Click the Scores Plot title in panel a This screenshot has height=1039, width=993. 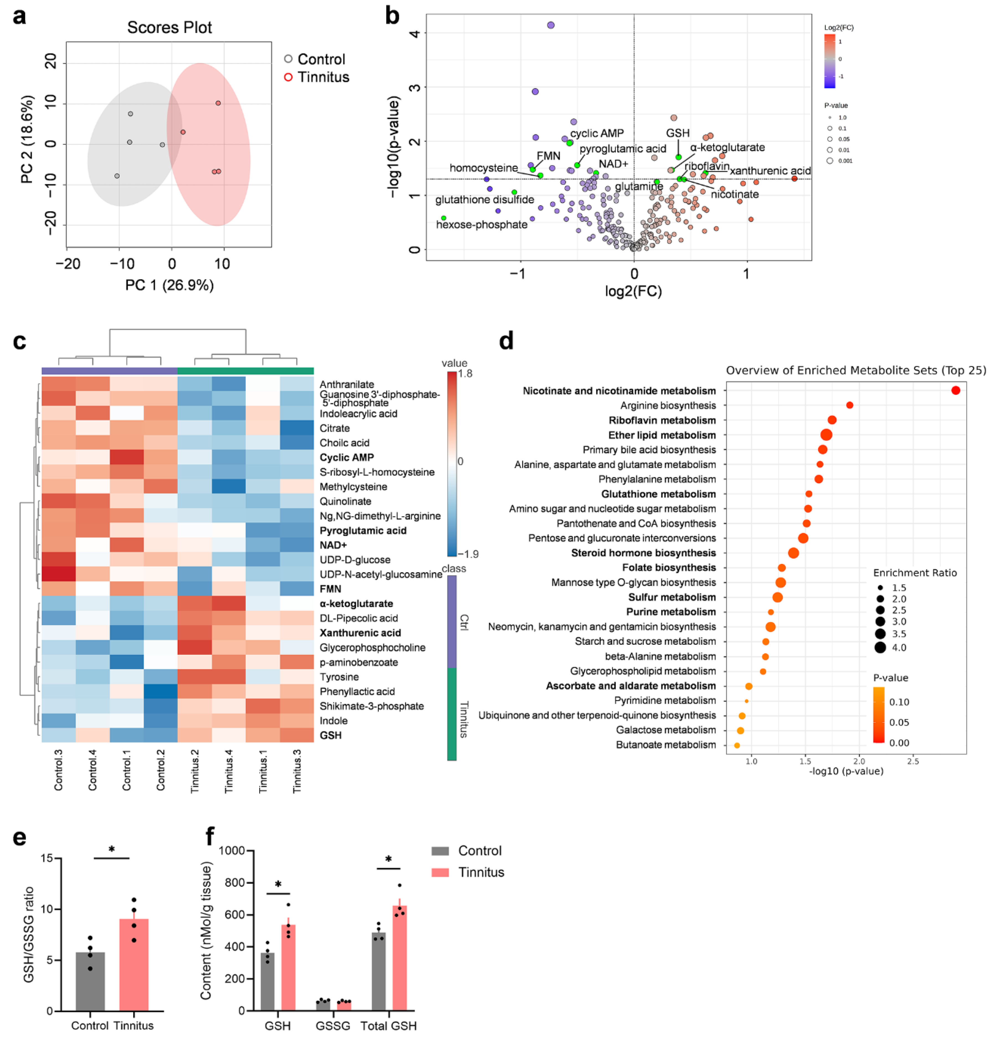coord(169,27)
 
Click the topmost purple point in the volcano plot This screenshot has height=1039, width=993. coord(551,25)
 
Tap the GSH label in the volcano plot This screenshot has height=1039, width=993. coord(677,133)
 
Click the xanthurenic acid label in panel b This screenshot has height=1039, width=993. coord(770,171)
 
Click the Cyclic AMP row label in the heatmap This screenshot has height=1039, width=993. coord(347,457)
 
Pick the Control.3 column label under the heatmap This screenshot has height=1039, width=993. coord(58,770)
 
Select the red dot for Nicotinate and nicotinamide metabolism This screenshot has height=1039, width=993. coord(955,391)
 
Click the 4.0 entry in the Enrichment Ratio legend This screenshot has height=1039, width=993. coord(899,647)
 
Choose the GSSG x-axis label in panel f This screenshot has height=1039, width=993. coord(333,1026)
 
